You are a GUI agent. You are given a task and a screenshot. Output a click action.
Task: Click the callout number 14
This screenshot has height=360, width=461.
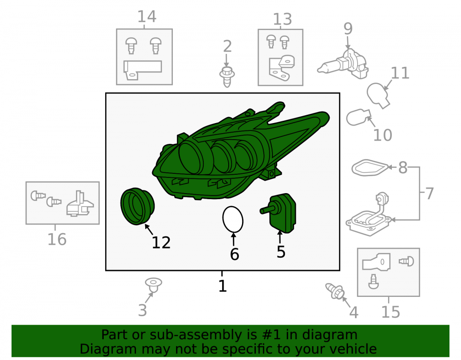(147, 17)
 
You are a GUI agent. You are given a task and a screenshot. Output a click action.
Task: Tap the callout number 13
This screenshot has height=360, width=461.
(282, 19)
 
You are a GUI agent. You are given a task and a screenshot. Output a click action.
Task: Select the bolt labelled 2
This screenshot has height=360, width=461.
(227, 77)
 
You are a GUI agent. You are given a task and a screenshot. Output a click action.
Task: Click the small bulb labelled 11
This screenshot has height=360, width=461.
(378, 94)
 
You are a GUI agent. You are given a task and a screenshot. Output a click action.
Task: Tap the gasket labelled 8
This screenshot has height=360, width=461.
(370, 168)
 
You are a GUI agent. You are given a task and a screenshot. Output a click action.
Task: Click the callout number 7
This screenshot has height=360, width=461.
(430, 194)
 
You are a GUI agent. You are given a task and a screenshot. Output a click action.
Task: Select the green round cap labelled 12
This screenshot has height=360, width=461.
(137, 207)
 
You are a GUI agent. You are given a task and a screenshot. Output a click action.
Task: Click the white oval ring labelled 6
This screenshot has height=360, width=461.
(232, 219)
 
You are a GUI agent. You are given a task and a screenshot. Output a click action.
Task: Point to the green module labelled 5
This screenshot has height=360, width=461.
(279, 212)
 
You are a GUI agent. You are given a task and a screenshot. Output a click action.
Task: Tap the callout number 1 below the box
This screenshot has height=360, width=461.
(223, 286)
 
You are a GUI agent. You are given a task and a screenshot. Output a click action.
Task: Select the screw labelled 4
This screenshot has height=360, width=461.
(335, 291)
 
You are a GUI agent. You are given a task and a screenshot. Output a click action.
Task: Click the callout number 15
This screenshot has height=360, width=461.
(391, 312)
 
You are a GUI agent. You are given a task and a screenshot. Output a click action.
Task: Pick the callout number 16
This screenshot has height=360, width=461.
(57, 239)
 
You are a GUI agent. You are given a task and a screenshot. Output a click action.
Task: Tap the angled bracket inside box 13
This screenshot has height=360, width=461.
(282, 68)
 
